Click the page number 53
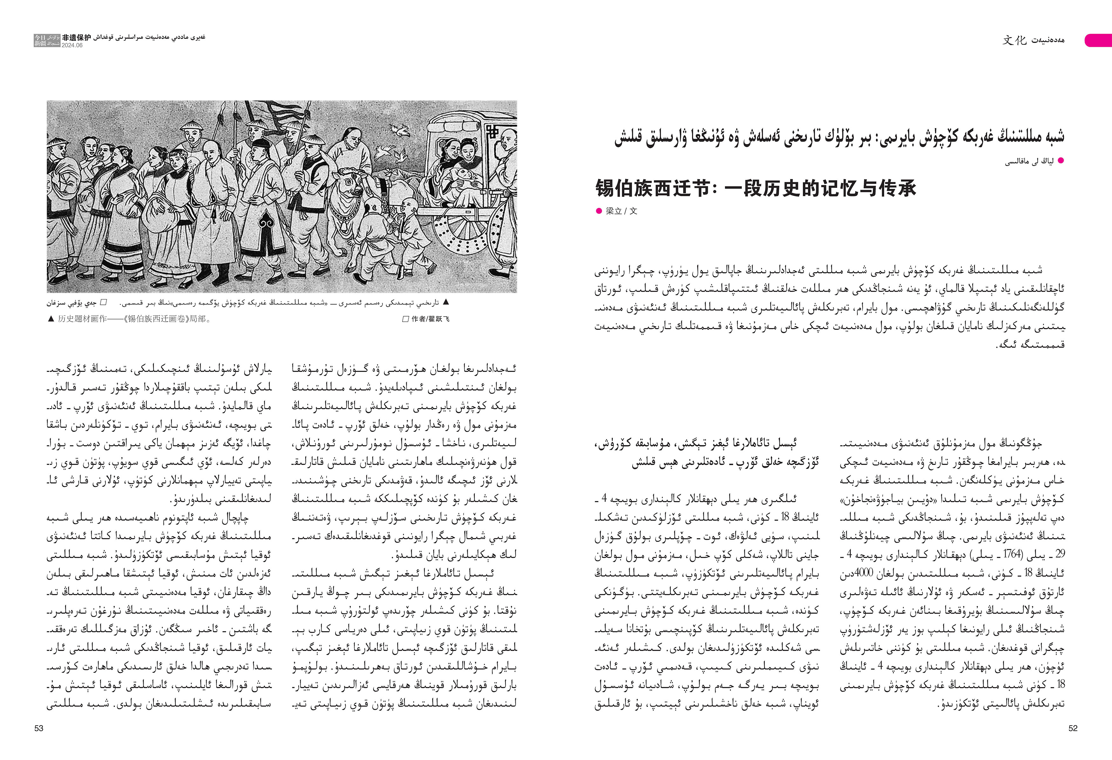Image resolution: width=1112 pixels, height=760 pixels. tap(39, 728)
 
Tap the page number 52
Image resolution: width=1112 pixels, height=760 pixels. tap(1073, 728)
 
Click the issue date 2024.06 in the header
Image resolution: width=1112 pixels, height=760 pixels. tap(72, 45)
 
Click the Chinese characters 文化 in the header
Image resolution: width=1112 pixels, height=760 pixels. tap(1014, 40)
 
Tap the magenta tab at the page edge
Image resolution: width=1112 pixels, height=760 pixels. tap(1098, 40)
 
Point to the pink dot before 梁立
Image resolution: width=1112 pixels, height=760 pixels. tap(598, 211)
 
